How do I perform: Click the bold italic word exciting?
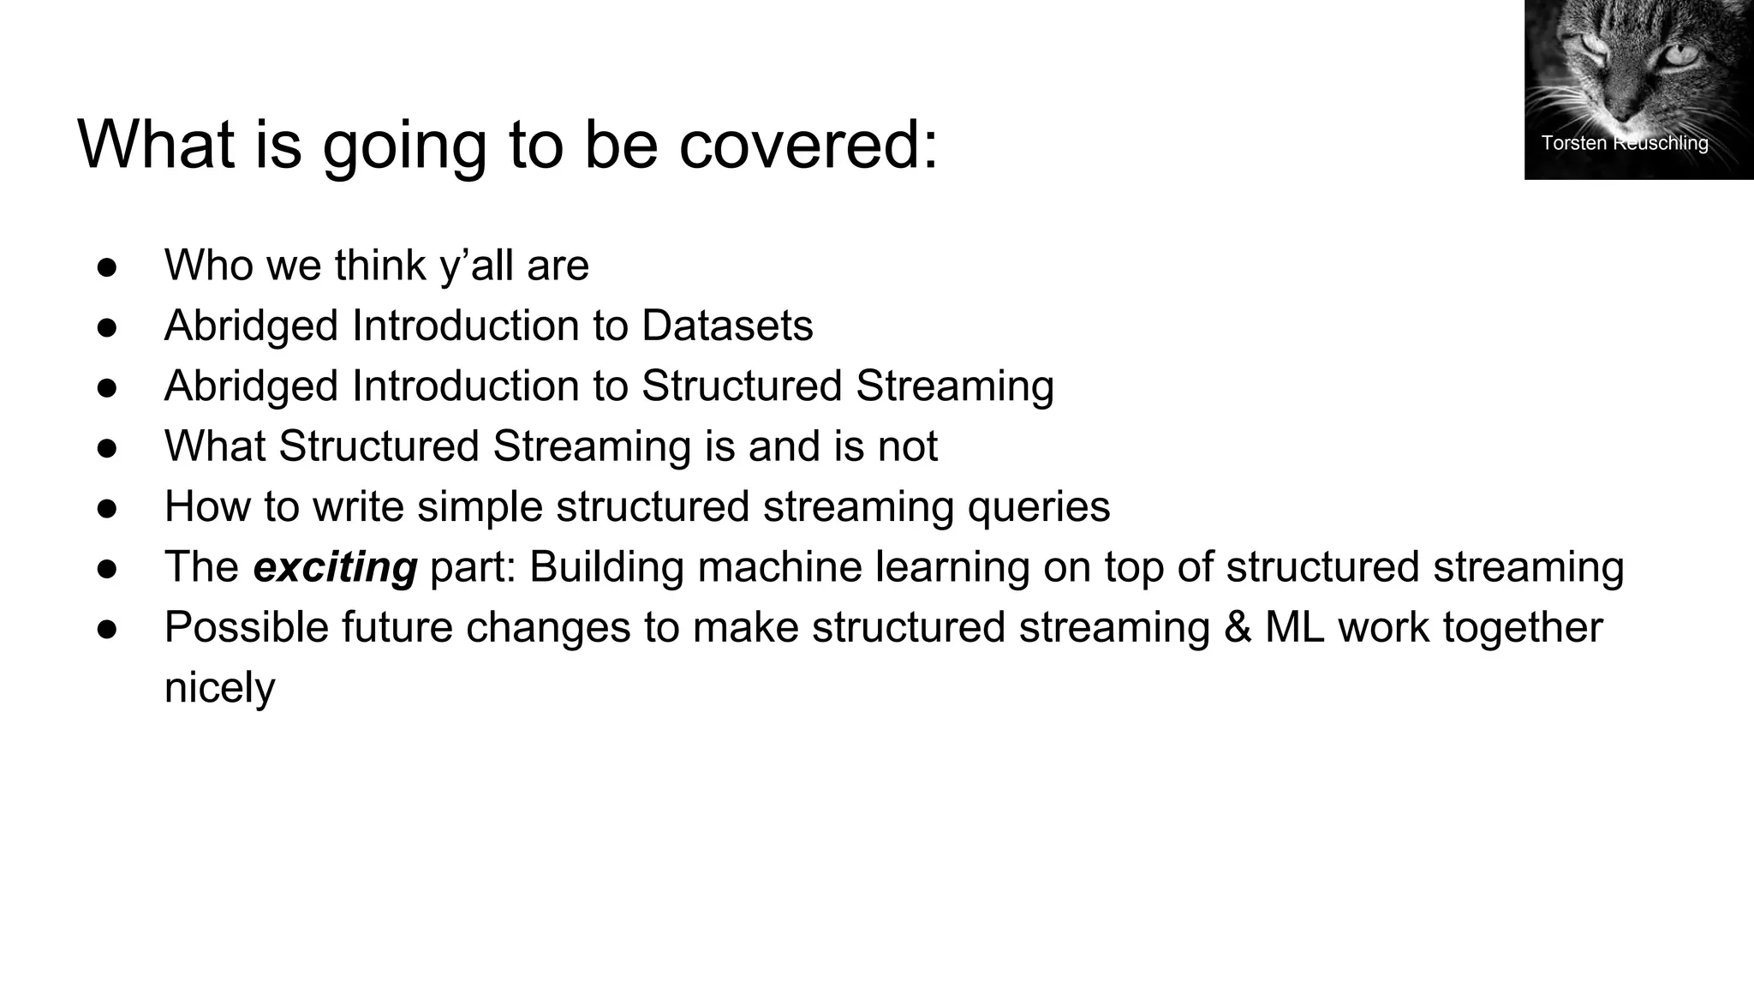[335, 567]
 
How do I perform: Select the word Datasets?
[727, 326]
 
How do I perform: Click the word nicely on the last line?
[219, 688]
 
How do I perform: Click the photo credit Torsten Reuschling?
[1624, 143]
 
